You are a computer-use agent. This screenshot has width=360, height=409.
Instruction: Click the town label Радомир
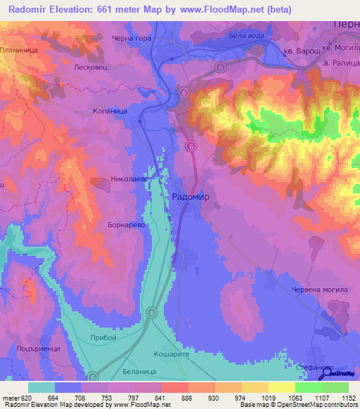pos(191,197)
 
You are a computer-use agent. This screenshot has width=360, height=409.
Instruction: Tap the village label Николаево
pos(129,179)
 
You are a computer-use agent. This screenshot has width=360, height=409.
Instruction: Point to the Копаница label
pos(110,111)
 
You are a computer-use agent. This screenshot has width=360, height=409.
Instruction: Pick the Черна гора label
pos(131,38)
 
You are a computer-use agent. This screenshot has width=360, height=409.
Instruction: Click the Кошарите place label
pos(173,356)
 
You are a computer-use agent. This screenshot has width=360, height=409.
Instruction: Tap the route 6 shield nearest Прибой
pos(152,312)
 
